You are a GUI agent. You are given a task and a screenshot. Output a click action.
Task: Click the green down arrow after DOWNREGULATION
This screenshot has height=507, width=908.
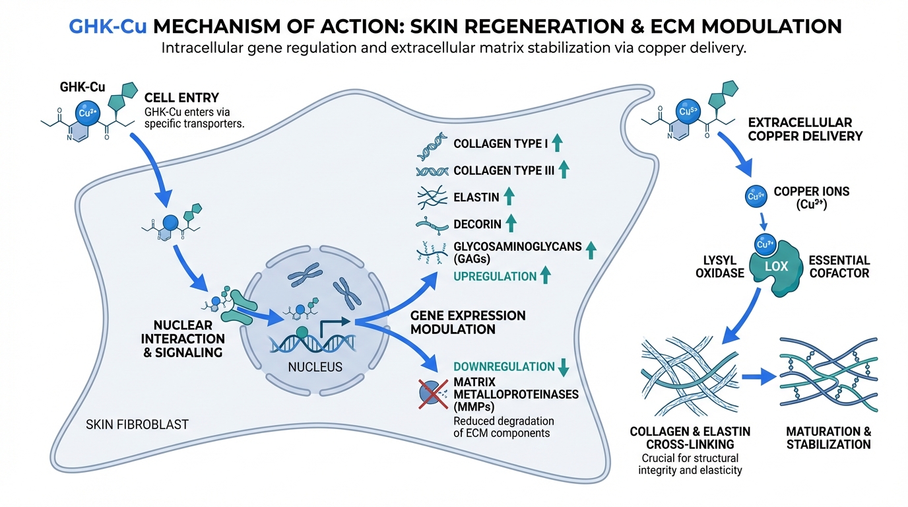coord(564,367)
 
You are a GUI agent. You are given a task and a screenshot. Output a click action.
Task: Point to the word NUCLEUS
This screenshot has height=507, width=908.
coord(315,366)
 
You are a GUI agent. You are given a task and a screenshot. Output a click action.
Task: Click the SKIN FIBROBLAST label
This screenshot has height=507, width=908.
coord(137,424)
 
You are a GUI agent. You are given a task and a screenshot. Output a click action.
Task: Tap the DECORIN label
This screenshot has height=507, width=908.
coord(478,224)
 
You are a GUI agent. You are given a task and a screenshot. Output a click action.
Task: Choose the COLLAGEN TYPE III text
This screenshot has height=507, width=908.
coord(503,170)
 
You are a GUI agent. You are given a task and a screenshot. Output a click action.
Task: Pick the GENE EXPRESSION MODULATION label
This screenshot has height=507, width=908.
coord(468,322)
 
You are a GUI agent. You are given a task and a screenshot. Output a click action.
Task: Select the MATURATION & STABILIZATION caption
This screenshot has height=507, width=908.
coord(828,438)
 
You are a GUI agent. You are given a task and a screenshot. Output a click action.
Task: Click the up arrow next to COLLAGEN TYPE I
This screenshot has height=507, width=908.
coord(557,143)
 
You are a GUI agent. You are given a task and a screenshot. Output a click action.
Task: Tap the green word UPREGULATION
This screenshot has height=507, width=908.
coord(494,277)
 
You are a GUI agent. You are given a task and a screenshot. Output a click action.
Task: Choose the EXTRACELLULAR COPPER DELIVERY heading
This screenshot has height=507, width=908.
coord(805,129)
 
